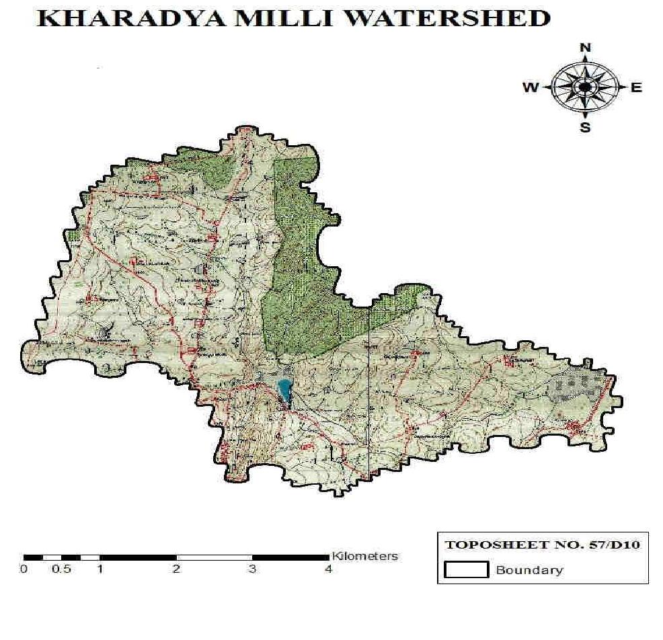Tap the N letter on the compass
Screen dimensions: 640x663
pyautogui.click(x=585, y=47)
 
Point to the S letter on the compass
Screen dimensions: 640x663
pyautogui.click(x=585, y=127)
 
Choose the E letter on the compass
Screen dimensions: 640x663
pyautogui.click(x=636, y=87)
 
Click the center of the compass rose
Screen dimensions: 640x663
pyautogui.click(x=585, y=87)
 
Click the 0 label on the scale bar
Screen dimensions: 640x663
pyautogui.click(x=24, y=569)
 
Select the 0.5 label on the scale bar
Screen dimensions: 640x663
pyautogui.click(x=62, y=569)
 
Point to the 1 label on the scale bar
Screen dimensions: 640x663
pyautogui.click(x=100, y=569)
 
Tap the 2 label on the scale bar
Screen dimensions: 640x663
pyautogui.click(x=176, y=569)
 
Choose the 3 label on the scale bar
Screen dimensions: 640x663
pyautogui.click(x=252, y=569)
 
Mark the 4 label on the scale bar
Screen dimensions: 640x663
pyautogui.click(x=328, y=569)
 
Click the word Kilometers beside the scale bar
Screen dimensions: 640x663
pyautogui.click(x=364, y=556)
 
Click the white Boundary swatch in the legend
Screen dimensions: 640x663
pyautogui.click(x=466, y=570)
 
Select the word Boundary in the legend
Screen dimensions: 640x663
pyautogui.click(x=529, y=570)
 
